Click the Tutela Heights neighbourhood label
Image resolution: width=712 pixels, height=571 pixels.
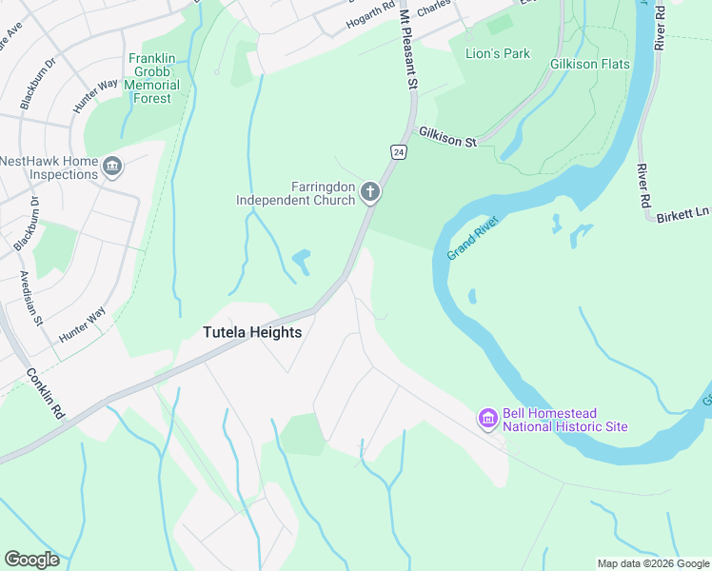coord(252,332)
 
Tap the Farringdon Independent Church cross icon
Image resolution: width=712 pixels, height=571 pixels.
coord(370,193)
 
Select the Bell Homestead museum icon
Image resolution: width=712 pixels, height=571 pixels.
coord(487,418)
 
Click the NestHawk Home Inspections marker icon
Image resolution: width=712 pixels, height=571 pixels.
coord(113,167)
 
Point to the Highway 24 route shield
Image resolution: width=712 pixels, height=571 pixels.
coord(397,151)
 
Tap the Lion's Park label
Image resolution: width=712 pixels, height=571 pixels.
coord(497,53)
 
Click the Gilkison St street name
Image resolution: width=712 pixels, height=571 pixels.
coord(447,140)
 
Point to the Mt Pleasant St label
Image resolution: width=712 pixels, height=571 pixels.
coord(408,48)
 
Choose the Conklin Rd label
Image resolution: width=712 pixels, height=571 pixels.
coord(45,394)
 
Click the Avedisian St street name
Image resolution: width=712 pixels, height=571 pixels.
coord(31,297)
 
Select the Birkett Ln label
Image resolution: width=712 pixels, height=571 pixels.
coord(682,216)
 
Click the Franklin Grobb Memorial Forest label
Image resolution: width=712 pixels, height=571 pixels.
coord(152,78)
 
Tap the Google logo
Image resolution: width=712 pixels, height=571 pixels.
coord(31,560)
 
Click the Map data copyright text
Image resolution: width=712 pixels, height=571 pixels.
coord(653,563)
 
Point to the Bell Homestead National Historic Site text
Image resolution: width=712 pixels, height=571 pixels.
coord(564,420)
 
